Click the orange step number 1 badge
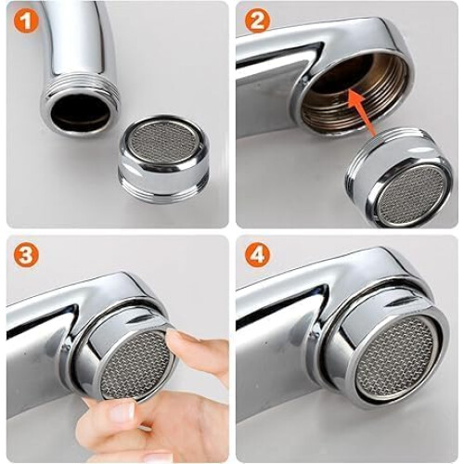[x=26, y=20]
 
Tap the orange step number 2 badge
[x=257, y=20]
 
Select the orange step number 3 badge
[x=26, y=255]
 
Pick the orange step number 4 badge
[x=257, y=255]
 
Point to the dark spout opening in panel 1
[x=81, y=110]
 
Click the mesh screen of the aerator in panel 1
[x=163, y=141]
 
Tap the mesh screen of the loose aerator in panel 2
[x=411, y=193]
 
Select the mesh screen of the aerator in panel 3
[x=136, y=365]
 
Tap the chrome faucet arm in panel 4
[x=278, y=303]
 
